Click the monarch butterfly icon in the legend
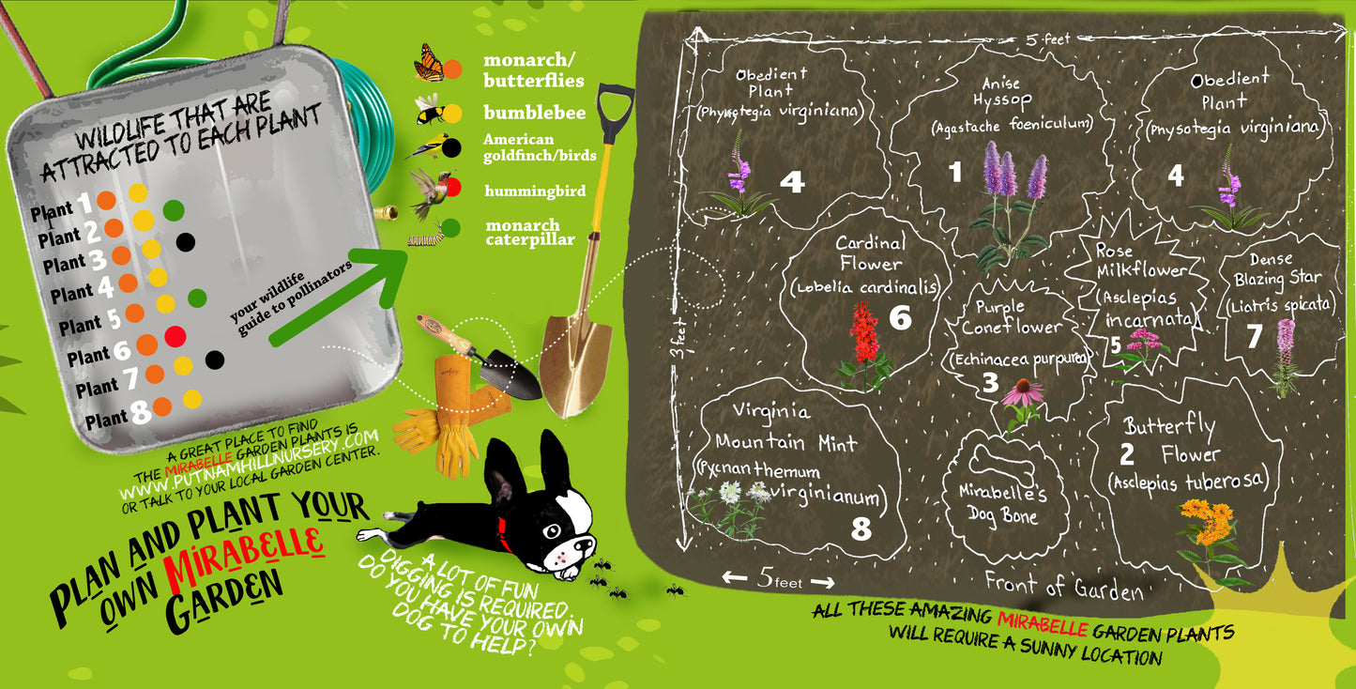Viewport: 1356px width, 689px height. coord(429,62)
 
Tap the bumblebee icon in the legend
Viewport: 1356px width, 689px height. coord(428,111)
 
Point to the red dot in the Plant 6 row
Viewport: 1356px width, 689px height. coord(175,335)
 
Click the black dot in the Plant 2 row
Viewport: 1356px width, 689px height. coord(186,241)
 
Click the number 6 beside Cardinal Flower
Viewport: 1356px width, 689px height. coord(900,318)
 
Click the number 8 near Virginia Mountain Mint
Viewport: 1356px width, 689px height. coord(861,529)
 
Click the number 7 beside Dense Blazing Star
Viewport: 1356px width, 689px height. coord(1255,338)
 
